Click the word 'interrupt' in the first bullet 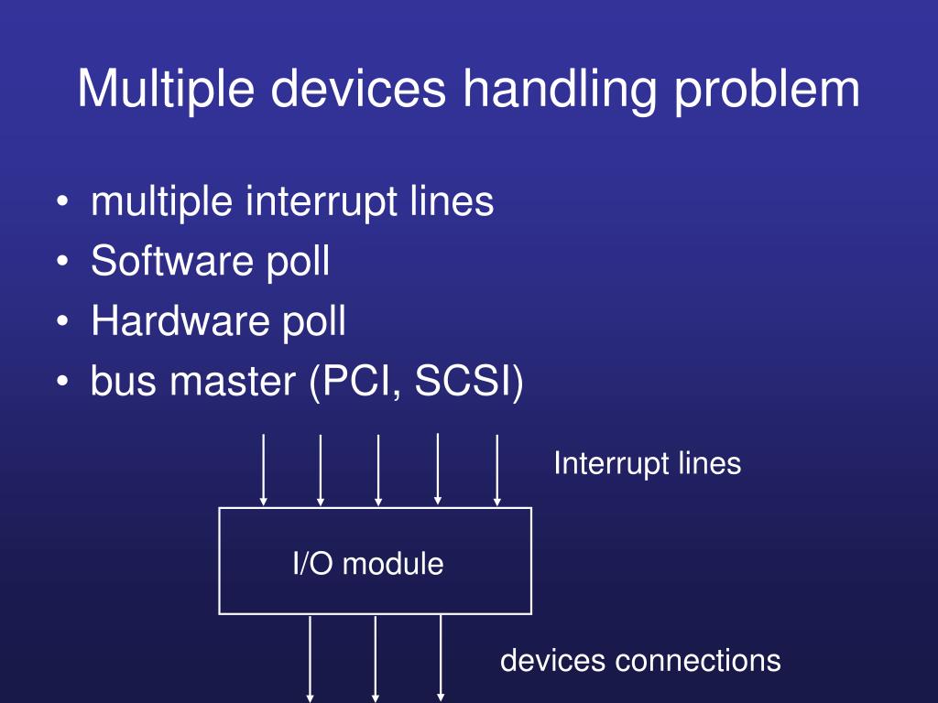320,201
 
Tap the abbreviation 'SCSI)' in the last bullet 469,383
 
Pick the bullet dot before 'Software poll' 60,264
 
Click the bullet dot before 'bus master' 60,383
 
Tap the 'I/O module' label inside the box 368,564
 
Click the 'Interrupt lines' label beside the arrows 647,463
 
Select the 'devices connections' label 640,660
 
